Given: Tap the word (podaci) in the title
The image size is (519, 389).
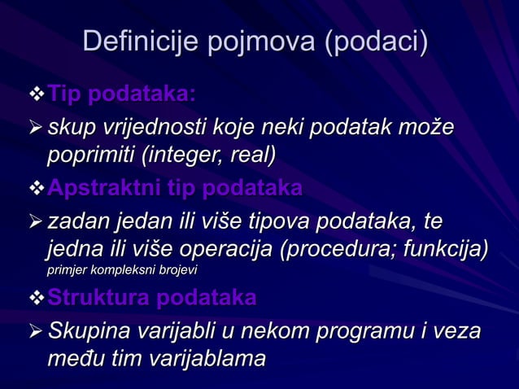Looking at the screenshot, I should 376,42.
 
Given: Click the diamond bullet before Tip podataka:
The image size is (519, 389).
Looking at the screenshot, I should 35,96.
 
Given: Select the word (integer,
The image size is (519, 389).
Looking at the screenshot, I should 182,154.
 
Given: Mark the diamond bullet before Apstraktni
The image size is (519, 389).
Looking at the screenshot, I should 35,189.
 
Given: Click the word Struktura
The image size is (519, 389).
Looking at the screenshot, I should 98,298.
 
